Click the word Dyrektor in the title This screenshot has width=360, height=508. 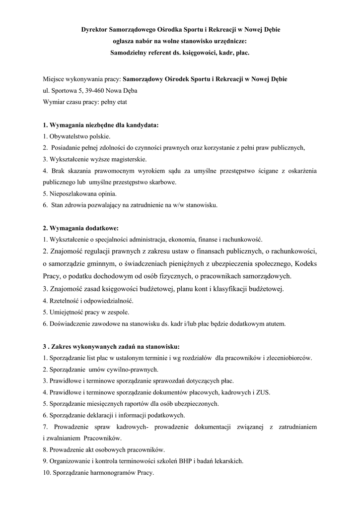96,30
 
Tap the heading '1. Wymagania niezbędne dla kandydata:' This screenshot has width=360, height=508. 101,125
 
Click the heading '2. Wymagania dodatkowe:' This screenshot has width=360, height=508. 81,228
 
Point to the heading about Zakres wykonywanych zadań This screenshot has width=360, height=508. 111,347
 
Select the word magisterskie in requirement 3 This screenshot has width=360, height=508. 129,159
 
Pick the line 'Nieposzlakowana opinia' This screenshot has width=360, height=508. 80,193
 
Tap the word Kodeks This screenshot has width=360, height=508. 302,263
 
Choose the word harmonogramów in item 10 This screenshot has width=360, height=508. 107,473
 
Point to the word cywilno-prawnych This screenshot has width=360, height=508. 135,370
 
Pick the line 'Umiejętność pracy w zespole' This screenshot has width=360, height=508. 86,313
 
